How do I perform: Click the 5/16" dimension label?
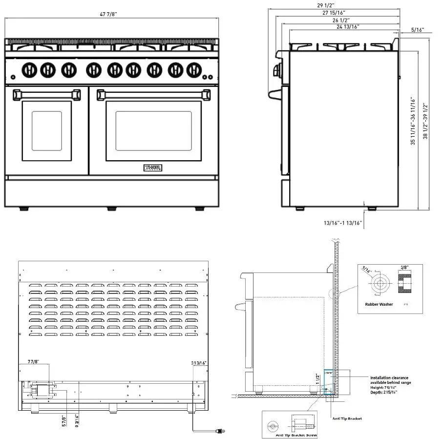point(418,30)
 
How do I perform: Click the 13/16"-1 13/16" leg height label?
point(342,223)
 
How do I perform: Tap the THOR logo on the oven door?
point(153,168)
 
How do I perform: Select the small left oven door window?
point(47,130)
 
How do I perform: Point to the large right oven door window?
point(153,130)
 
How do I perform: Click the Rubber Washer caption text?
point(379,304)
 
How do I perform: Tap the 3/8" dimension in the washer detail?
point(405,268)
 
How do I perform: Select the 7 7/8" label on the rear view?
point(34,362)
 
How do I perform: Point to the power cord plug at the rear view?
point(219,431)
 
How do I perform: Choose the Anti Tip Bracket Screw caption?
point(296,435)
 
